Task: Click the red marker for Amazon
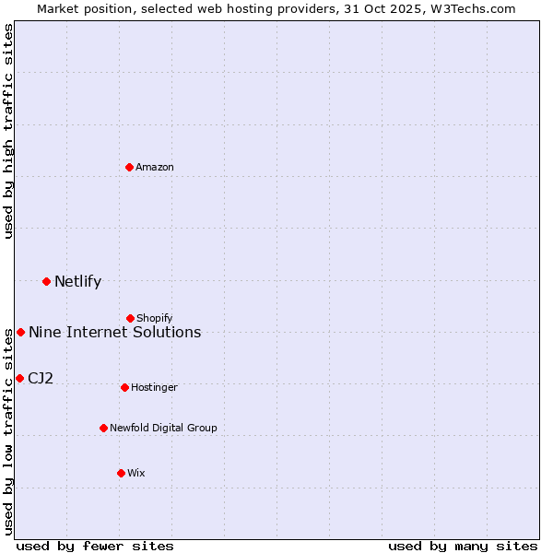click(130, 167)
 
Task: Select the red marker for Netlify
click(47, 281)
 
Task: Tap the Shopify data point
click(131, 318)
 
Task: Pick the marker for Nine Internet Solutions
click(21, 332)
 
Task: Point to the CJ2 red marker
click(19, 378)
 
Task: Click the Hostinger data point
click(125, 387)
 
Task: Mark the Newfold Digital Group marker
click(104, 428)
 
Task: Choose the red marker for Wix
click(121, 473)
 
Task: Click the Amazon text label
click(155, 168)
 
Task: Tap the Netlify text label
click(77, 282)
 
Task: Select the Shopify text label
click(155, 319)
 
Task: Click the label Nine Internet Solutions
click(114, 333)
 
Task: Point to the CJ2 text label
click(41, 379)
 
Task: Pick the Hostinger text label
click(154, 388)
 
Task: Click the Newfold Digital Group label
click(163, 429)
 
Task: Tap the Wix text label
click(136, 474)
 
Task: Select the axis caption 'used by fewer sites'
click(95, 546)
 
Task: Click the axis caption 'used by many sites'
click(463, 546)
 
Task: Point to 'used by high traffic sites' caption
click(8, 131)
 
